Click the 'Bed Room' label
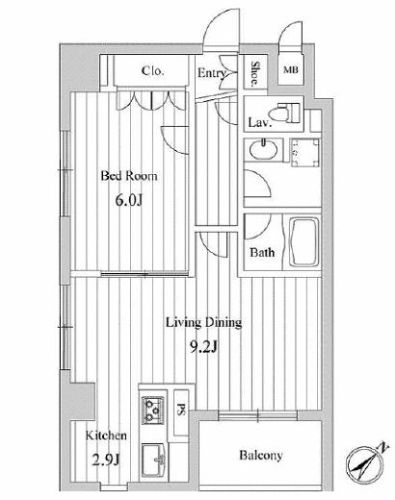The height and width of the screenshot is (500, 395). [129, 176]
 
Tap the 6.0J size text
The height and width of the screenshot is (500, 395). [129, 200]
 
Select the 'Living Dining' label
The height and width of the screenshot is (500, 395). [203, 323]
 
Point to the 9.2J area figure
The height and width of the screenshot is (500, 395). [204, 346]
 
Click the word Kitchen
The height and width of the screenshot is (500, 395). [106, 436]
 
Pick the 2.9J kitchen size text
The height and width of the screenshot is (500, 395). [106, 461]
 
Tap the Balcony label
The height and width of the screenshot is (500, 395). [261, 456]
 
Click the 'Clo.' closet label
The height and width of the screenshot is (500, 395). [152, 71]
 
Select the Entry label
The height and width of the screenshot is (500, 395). [212, 73]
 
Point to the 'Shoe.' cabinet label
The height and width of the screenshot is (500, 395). [255, 74]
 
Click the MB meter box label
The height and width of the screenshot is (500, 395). [291, 69]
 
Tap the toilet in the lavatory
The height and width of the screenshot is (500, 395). [284, 112]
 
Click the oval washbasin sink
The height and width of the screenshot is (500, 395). [263, 150]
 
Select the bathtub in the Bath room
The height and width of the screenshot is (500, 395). [303, 242]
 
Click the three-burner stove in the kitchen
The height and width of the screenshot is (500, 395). [153, 410]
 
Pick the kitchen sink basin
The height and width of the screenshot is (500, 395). [153, 461]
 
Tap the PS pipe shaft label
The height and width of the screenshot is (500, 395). [181, 410]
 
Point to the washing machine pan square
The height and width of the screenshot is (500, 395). [305, 153]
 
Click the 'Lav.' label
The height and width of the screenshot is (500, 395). [260, 122]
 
